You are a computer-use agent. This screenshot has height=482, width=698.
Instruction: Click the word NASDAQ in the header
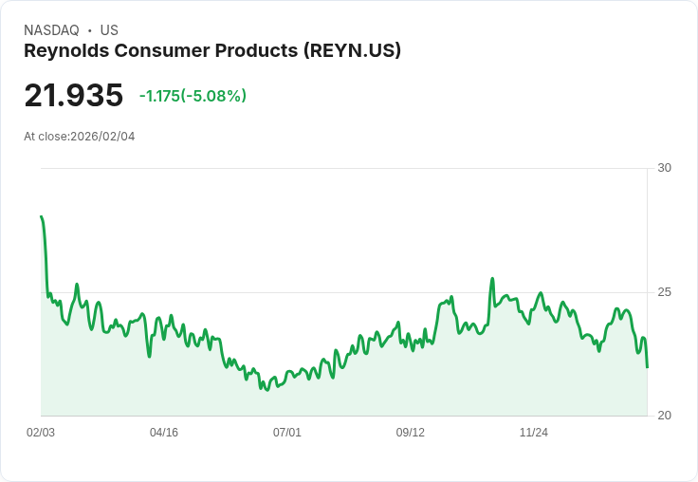[x=51, y=30]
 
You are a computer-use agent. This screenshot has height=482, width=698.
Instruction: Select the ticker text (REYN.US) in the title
[x=352, y=50]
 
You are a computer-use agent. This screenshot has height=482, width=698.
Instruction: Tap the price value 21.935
[x=73, y=96]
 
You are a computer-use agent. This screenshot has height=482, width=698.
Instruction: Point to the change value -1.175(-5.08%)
[x=193, y=96]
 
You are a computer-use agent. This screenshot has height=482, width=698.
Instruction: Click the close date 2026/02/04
[x=102, y=137]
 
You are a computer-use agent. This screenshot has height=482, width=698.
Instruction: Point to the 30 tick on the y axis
[x=664, y=168]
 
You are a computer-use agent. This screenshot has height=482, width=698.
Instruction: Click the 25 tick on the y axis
[x=664, y=292]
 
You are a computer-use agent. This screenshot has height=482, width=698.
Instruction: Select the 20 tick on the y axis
[x=664, y=416]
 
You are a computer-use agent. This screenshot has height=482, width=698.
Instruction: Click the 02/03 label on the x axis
[x=41, y=433]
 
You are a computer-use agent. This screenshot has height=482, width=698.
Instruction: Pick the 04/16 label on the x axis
[x=164, y=433]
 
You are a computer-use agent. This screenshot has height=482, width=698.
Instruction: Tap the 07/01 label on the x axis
[x=287, y=433]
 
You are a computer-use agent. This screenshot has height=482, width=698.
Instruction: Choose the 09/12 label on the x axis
[x=411, y=433]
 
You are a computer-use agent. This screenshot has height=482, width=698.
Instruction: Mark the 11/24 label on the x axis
[x=534, y=433]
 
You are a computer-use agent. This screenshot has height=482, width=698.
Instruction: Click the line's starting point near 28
[x=42, y=217]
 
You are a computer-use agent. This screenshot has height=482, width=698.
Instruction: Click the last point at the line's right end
[x=647, y=366]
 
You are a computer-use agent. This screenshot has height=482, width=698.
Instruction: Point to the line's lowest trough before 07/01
[x=266, y=390]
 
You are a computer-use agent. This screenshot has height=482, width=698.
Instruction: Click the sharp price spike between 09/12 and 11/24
[x=492, y=279]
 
